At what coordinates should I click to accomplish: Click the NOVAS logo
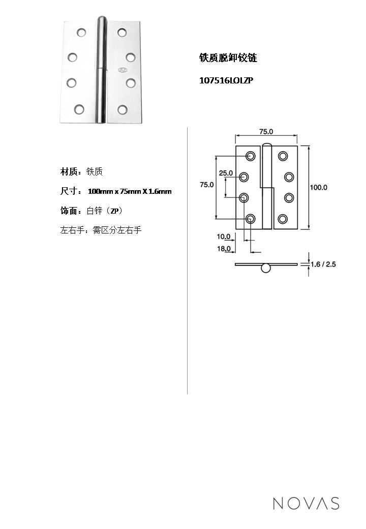point(306,503)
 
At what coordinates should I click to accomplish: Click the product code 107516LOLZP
point(226,80)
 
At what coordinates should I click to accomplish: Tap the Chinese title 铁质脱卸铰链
point(228,58)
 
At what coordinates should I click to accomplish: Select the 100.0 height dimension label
point(319,187)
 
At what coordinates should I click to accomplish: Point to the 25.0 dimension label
point(226,173)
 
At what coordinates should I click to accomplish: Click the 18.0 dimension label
point(224,249)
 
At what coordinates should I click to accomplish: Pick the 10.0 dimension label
point(224,236)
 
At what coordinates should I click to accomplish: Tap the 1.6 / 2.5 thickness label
point(323,264)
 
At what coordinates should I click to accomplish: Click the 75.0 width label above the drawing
point(266,131)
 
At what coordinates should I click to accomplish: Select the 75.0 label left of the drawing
point(206,185)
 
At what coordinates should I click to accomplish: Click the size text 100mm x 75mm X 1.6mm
point(130,191)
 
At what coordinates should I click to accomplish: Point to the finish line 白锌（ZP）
point(105,211)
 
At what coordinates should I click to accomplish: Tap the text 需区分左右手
point(117,230)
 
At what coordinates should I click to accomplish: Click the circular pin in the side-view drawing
point(266,268)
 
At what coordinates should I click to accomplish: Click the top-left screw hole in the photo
point(81,33)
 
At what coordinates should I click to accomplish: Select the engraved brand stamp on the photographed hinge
point(123,71)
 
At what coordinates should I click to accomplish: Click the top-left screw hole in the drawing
point(251,156)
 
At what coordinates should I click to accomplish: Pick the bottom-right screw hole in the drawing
point(283,219)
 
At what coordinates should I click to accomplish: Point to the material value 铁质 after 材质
point(95,172)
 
